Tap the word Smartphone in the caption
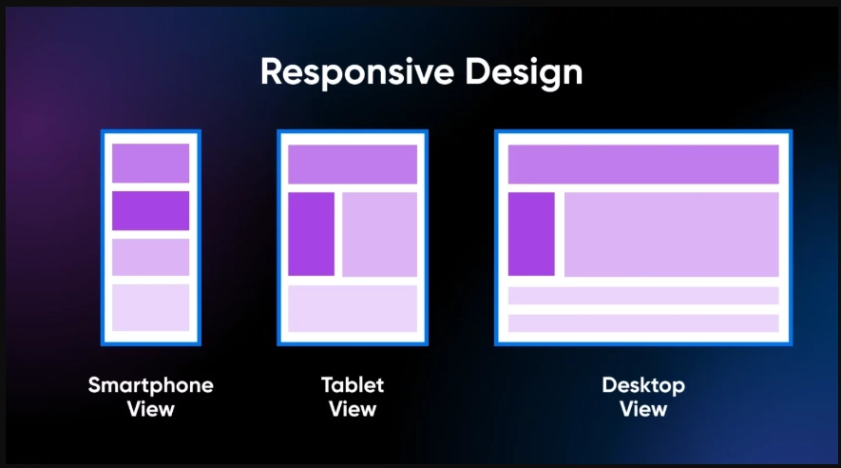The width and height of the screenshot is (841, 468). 151,385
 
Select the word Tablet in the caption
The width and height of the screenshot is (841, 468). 353,385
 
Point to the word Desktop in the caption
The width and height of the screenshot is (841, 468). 643,385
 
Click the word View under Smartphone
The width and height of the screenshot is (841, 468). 151,410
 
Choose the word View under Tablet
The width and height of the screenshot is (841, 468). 353,410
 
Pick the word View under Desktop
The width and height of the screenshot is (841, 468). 643,410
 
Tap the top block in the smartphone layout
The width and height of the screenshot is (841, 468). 151,163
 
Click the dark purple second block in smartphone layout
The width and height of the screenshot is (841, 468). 151,210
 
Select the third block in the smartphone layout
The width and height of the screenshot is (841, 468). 151,257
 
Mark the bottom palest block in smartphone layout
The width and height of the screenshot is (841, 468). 151,307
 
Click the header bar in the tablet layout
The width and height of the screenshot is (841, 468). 353,165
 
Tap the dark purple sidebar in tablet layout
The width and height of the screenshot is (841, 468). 312,234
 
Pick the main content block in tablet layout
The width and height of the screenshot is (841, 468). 379,234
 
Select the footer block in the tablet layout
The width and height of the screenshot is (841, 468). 353,308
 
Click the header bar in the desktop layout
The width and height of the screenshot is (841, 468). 643,165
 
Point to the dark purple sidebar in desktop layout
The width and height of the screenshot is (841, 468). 531,234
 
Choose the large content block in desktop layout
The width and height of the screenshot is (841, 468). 672,234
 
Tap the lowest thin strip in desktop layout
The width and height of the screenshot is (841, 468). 643,323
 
